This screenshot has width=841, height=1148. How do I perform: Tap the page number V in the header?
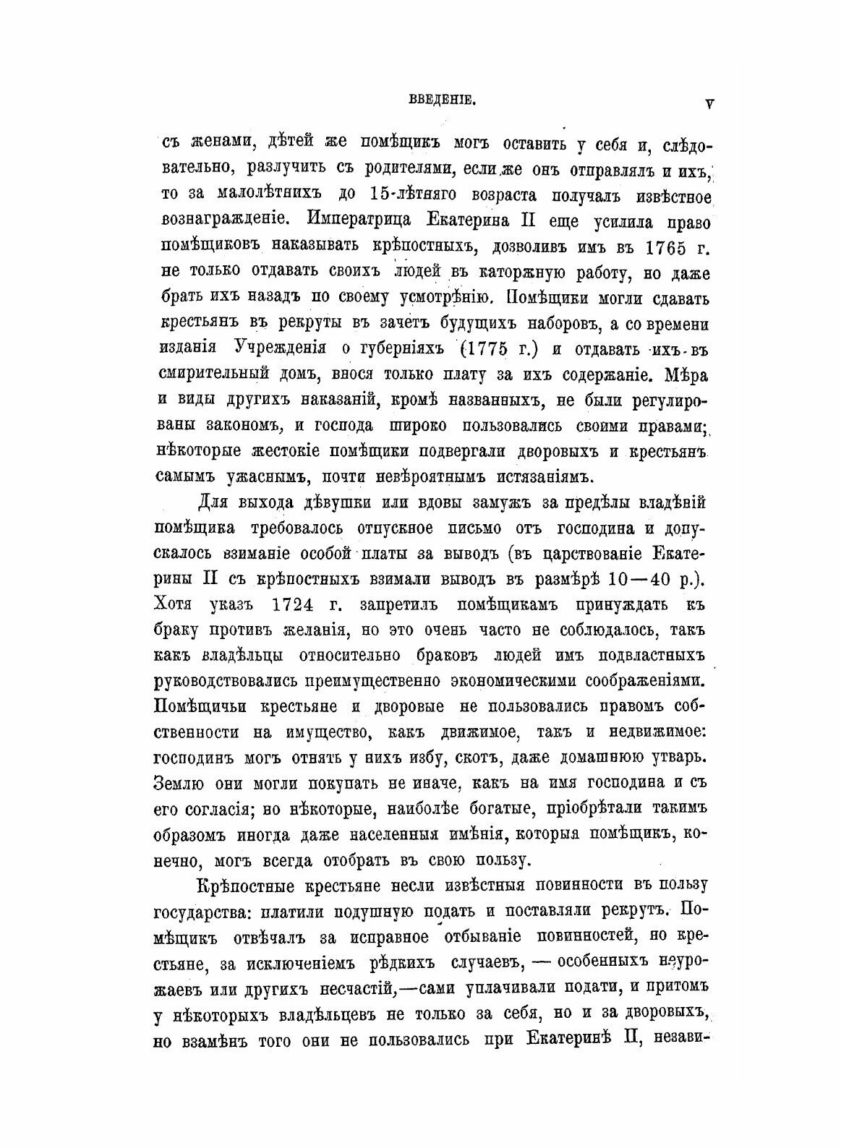click(x=709, y=103)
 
